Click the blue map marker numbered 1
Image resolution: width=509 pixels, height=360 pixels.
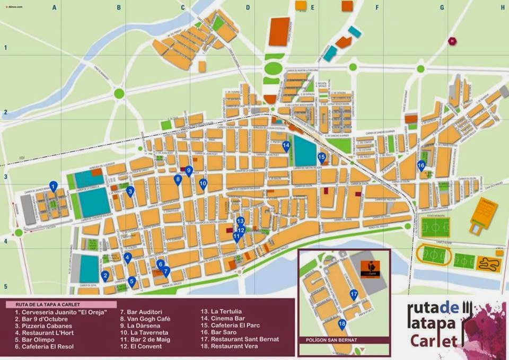53,186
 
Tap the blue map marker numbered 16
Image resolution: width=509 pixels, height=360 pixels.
421,165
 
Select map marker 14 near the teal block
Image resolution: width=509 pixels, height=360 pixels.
286,146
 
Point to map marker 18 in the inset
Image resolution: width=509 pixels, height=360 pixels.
342,324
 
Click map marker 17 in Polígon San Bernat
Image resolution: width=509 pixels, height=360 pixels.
354,295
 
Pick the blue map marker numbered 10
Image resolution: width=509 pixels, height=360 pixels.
203,184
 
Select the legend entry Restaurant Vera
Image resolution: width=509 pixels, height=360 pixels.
234,346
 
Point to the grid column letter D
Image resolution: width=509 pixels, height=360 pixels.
247,7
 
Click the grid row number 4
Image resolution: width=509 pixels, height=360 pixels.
6,241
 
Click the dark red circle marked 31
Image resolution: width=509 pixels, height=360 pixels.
452,41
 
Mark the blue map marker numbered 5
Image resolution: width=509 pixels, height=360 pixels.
131,282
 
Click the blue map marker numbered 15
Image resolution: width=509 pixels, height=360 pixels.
321,157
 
